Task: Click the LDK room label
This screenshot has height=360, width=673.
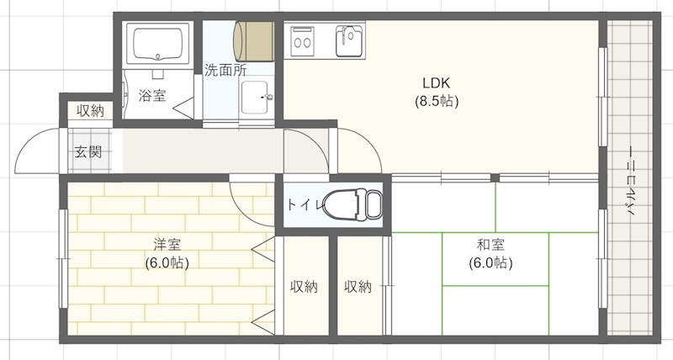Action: click(437, 83)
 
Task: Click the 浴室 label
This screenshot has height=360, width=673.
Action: click(152, 95)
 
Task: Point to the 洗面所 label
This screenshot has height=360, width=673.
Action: click(225, 71)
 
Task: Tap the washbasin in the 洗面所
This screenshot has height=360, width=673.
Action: click(256, 98)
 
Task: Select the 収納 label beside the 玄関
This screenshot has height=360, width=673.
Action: click(90, 110)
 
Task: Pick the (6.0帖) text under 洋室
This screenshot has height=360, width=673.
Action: click(167, 262)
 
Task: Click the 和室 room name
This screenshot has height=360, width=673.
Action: click(490, 245)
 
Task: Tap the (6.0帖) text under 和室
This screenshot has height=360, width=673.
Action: click(490, 262)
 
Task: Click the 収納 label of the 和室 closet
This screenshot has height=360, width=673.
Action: click(358, 287)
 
